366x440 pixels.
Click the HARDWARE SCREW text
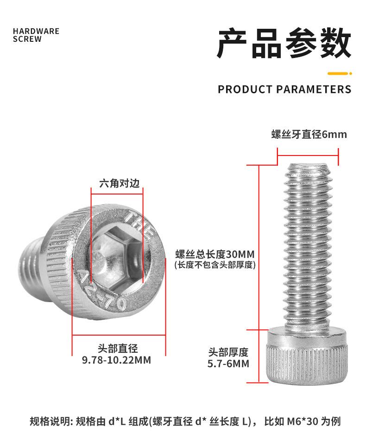36,35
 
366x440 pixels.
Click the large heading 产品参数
284,43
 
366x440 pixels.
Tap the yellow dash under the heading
340,73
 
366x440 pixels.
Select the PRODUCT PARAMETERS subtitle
284,89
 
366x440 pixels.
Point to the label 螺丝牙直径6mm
309,135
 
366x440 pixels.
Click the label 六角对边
119,183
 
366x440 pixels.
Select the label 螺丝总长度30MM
215,254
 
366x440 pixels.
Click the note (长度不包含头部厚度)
215,265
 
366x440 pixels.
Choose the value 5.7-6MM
228,363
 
